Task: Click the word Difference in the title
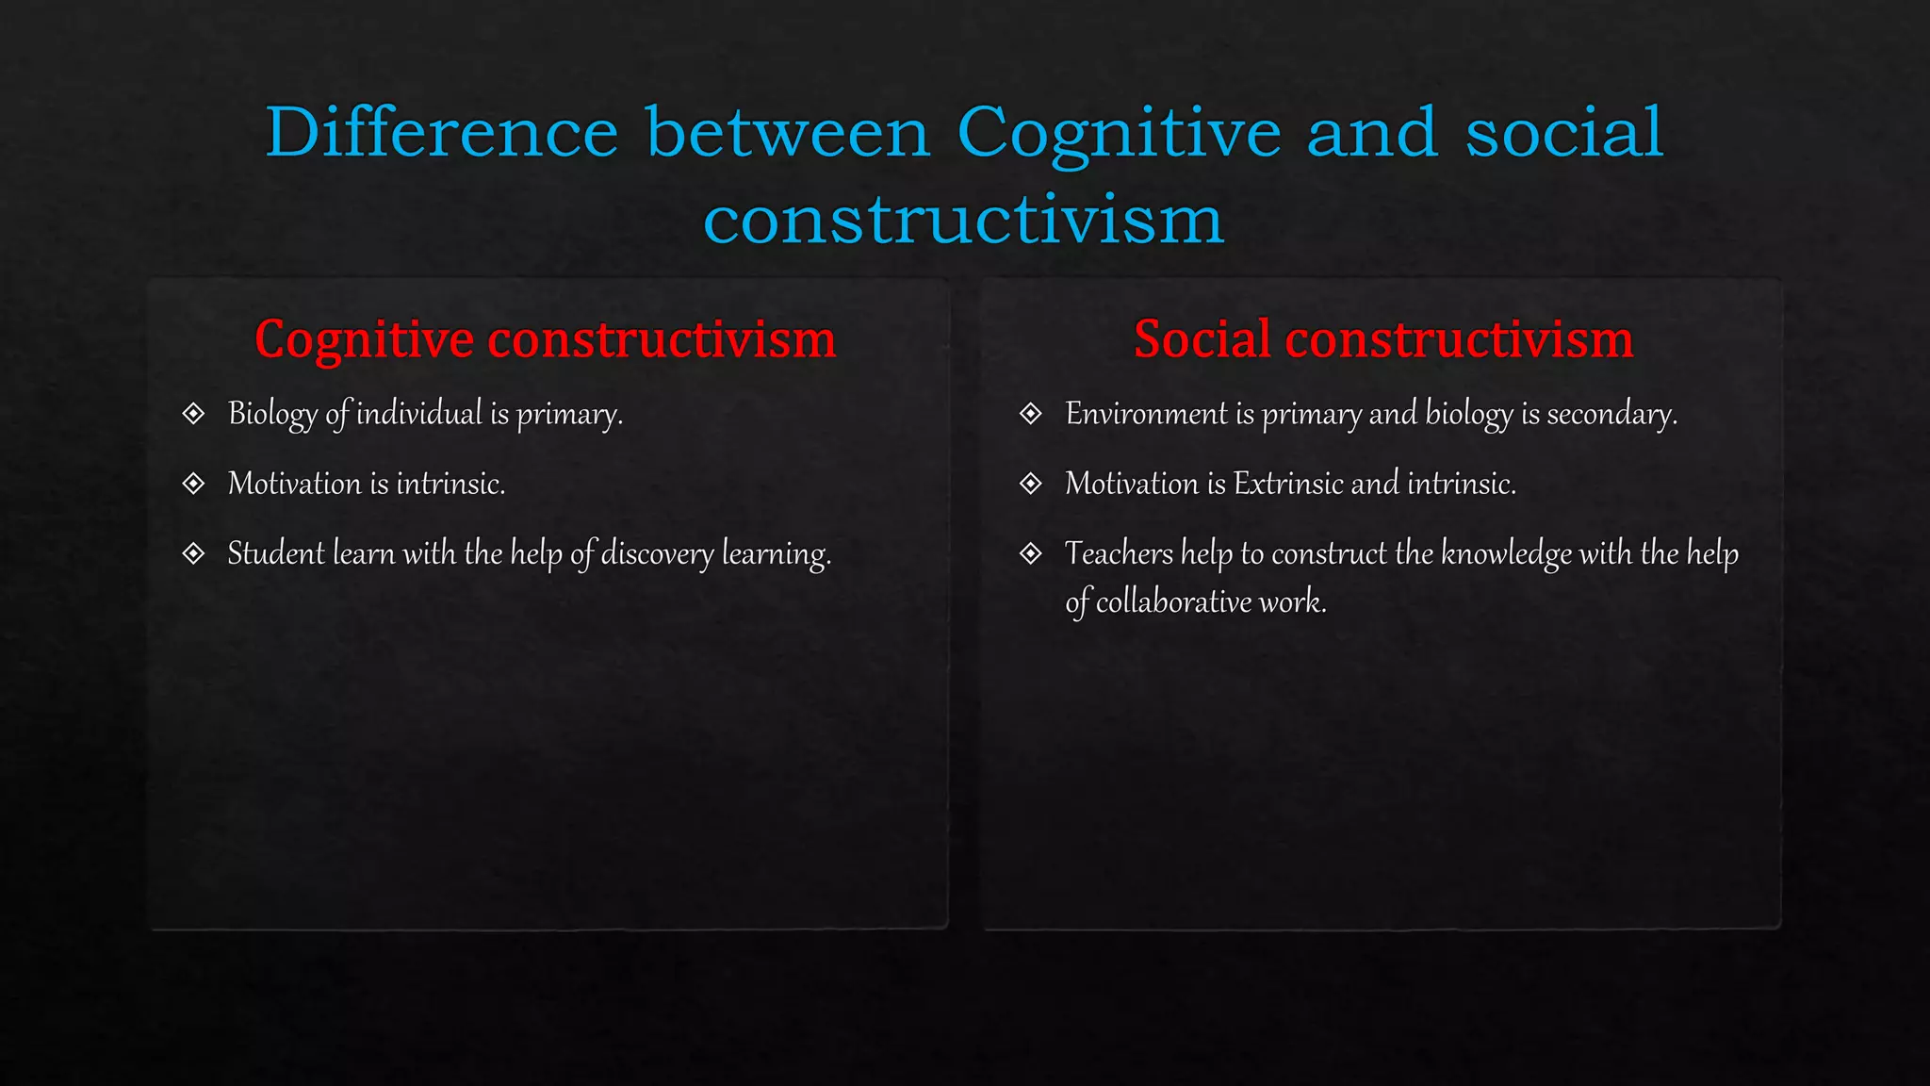coord(441,133)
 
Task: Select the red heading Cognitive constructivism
coord(545,339)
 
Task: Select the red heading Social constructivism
coord(1382,338)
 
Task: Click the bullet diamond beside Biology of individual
coord(193,414)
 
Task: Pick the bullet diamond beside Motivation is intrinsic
coord(193,484)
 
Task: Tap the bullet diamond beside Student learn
coord(193,553)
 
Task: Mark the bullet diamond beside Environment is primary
coord(1031,414)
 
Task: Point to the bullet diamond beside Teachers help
coord(1031,553)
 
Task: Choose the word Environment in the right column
coord(1146,414)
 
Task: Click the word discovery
coord(657,554)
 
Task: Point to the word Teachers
coord(1119,553)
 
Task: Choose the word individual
coord(418,414)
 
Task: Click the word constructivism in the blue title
coord(963,220)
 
